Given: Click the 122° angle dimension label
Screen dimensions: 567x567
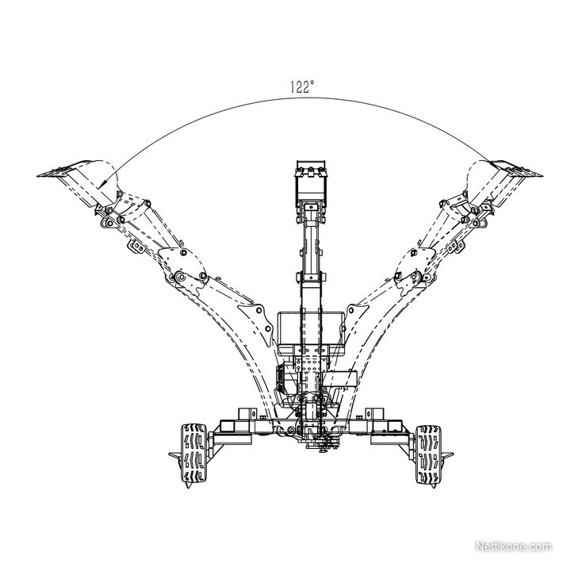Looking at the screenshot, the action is point(303,86).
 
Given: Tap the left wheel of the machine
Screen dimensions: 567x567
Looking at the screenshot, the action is point(193,453).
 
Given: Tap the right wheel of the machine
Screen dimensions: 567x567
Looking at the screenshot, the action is point(428,454).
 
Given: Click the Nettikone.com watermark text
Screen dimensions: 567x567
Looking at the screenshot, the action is point(514,546).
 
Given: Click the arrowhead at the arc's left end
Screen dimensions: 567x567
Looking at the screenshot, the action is point(102,183).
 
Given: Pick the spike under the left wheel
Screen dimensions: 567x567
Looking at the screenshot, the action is point(188,485).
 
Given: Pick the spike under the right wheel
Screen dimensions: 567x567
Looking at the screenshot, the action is point(434,485).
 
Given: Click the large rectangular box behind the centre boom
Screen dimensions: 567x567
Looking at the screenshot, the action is point(310,328).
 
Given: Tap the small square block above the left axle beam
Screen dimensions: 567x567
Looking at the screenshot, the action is point(247,415).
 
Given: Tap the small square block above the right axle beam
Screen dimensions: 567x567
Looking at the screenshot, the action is point(375,415).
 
